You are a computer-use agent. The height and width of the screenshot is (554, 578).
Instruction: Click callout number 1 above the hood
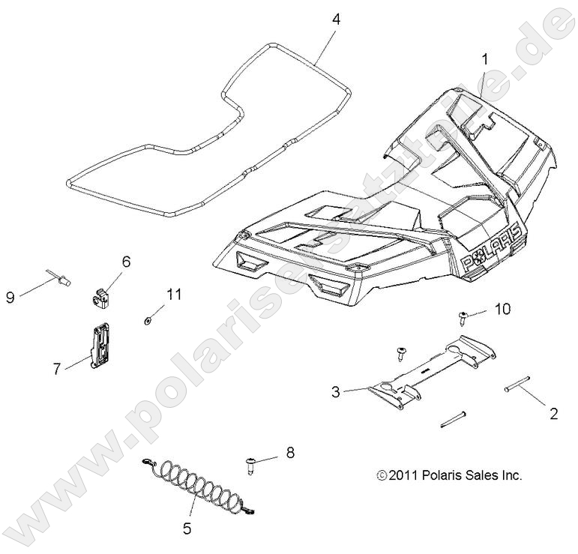[486, 57]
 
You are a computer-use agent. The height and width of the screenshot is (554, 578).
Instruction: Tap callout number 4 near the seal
[335, 19]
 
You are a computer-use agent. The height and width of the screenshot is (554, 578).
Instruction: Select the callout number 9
[10, 298]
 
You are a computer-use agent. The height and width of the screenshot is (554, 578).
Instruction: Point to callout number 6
[126, 262]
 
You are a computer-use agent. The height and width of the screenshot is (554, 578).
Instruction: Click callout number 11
[174, 295]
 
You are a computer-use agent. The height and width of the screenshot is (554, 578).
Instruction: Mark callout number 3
[336, 391]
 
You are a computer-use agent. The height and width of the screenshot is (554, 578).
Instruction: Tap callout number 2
[554, 413]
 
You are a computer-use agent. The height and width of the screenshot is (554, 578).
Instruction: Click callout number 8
[290, 453]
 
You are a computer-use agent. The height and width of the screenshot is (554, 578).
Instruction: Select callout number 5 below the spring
[186, 529]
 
